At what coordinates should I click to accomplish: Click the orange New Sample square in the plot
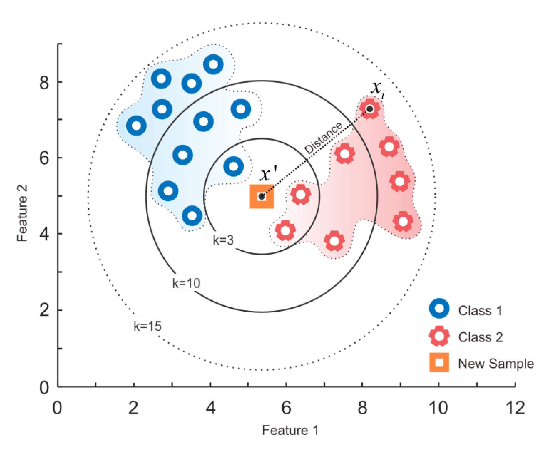pyautogui.click(x=261, y=196)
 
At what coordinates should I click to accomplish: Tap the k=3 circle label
pyautogui.click(x=223, y=240)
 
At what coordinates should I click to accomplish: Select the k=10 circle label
pyautogui.click(x=186, y=283)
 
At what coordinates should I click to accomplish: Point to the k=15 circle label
pyautogui.click(x=147, y=326)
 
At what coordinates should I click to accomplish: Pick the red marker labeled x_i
pyautogui.click(x=370, y=109)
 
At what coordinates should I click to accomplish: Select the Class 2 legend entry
pyautogui.click(x=465, y=337)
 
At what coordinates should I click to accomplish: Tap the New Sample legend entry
pyautogui.click(x=481, y=363)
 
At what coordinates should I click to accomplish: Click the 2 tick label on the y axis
pyautogui.click(x=44, y=310)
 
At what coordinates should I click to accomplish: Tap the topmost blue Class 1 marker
pyautogui.click(x=213, y=64)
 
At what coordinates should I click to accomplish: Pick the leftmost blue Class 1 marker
pyautogui.click(x=136, y=126)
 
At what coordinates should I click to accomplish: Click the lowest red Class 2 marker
pyautogui.click(x=334, y=241)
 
